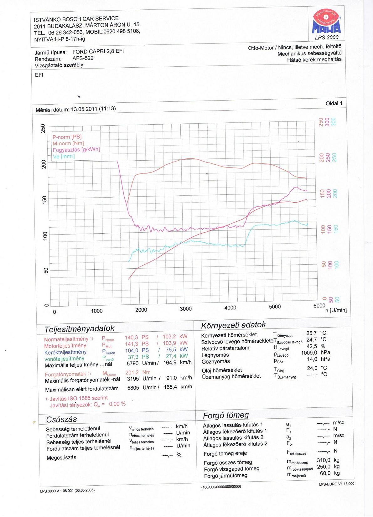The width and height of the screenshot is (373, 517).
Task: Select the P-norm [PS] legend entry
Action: tap(67, 137)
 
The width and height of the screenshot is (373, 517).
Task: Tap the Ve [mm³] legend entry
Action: tap(64, 156)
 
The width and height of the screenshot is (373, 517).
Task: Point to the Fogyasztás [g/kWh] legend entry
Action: tap(76, 150)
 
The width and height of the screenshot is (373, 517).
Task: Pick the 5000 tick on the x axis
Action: tap(275, 307)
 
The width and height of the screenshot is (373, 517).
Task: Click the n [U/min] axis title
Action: tap(336, 310)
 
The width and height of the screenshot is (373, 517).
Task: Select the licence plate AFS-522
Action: tap(83, 58)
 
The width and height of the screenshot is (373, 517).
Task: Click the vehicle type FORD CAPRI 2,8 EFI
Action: tap(98, 51)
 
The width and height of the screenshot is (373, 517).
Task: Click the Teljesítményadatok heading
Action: tap(80, 328)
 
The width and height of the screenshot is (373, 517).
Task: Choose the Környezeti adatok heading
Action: tap(233, 325)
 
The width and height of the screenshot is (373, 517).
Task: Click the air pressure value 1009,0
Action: tap(309, 353)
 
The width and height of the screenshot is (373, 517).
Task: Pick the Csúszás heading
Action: tap(61, 419)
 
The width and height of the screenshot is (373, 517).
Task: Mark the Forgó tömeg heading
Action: tap(226, 416)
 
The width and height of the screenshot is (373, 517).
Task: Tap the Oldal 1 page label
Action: tap(334, 103)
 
